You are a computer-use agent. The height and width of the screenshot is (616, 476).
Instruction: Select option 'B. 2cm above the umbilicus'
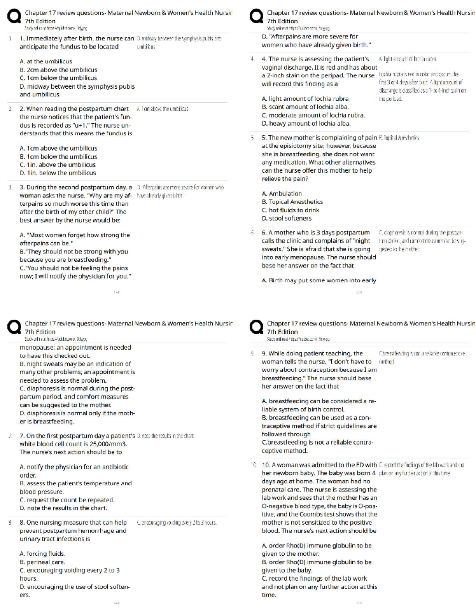(58, 70)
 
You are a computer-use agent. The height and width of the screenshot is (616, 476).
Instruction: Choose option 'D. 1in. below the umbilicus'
(58, 173)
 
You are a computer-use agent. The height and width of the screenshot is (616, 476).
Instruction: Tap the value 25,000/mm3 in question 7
(109, 444)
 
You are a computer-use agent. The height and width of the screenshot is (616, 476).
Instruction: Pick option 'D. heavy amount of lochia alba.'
(306, 124)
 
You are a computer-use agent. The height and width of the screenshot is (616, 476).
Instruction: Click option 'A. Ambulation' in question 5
(282, 194)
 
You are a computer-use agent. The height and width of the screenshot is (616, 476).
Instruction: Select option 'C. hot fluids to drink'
(290, 210)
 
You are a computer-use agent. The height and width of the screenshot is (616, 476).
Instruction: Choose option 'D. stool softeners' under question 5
(287, 219)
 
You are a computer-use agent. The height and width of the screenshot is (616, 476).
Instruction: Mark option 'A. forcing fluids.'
(42, 554)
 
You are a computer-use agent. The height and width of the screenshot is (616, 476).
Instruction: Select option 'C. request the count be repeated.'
(67, 500)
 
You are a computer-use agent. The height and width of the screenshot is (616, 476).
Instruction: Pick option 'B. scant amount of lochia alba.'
(305, 107)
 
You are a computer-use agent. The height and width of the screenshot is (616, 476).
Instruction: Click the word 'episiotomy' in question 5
(285, 146)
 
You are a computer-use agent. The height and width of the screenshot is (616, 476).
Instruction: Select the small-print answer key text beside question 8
(177, 523)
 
